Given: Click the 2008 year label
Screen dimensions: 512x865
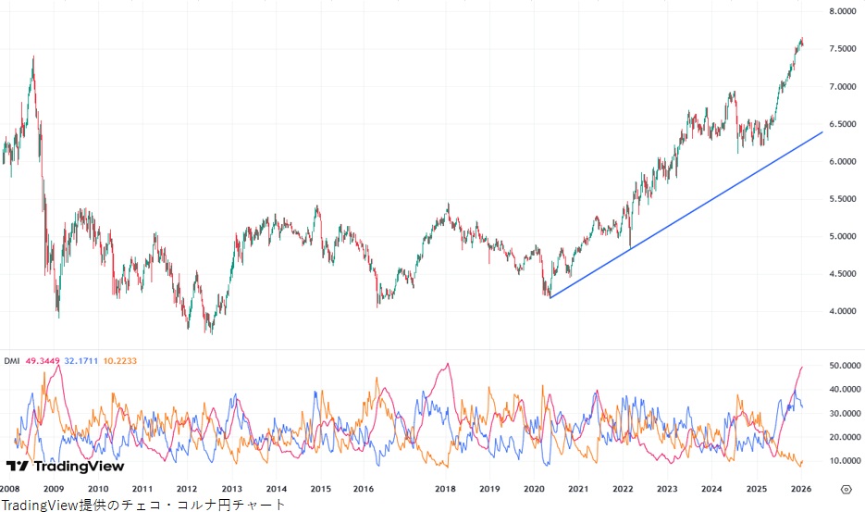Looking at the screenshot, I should point(10,488).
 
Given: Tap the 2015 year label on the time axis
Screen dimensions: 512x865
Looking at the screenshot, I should point(320,488).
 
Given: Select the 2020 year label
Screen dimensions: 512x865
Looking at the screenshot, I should point(534,488).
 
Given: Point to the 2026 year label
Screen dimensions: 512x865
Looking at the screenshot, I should point(800,488).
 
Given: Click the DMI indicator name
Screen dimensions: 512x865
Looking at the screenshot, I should point(12,360).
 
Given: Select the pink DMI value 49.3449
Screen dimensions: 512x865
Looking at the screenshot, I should point(43,360).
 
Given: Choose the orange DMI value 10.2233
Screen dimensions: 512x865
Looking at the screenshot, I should point(120,360).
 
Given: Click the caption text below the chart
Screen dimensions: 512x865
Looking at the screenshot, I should point(143,504).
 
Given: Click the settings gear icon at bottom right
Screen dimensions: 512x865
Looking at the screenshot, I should point(846,488).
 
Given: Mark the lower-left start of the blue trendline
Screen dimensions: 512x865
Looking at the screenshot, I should point(550,297).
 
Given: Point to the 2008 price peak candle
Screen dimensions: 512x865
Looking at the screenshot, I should point(33,57).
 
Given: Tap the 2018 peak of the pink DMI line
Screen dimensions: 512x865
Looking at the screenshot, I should point(448,363).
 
